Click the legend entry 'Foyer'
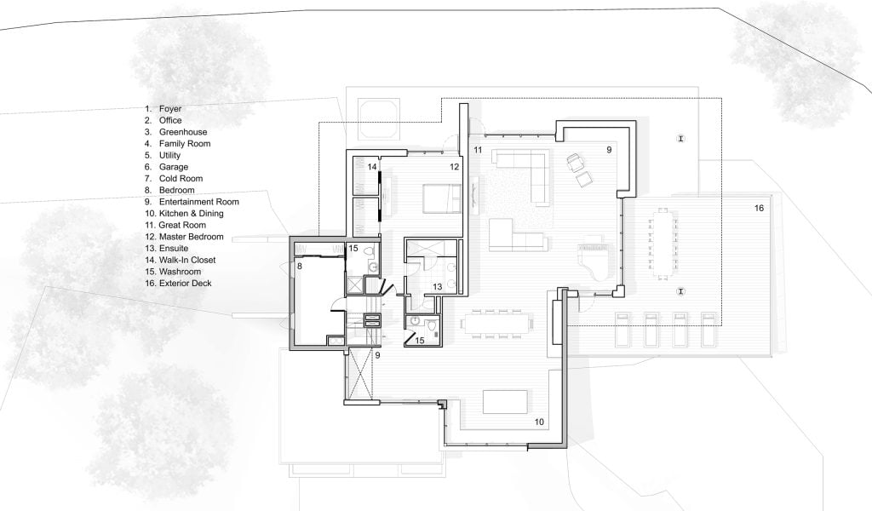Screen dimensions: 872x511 point(170,109)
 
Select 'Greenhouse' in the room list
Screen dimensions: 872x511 point(183,132)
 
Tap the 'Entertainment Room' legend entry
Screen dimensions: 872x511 point(199,202)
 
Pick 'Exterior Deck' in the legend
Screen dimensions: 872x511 point(185,283)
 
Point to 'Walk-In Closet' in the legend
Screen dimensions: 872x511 point(187,260)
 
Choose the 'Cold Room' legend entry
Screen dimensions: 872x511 point(181,179)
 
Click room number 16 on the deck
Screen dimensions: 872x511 point(759,208)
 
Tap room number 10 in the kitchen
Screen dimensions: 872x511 point(539,422)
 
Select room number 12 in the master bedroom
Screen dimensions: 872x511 point(455,167)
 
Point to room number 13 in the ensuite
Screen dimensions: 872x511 point(437,287)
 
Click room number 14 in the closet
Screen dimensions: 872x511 point(372,167)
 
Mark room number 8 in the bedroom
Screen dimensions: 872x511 point(299,267)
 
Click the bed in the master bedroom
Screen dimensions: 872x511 point(442,198)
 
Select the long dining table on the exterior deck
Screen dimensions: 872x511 point(663,243)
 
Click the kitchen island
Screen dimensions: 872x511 point(505,402)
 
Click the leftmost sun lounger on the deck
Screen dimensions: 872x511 point(622,329)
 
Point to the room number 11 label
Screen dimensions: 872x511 point(478,150)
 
